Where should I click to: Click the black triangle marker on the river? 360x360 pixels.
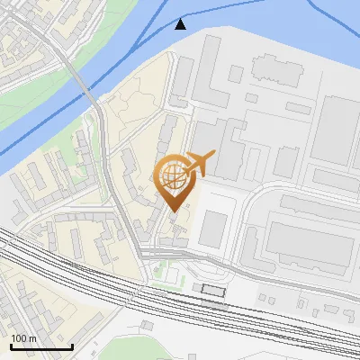pyautogui.click(x=181, y=23)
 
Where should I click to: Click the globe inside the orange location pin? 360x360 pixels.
pyautogui.click(x=172, y=175)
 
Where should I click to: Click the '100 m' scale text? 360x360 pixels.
pyautogui.click(x=23, y=338)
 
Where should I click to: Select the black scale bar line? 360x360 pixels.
pyautogui.click(x=40, y=346)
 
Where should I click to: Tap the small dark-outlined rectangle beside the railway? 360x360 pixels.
pyautogui.click(x=213, y=290)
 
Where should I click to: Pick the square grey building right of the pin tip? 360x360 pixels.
pyautogui.click(x=211, y=229)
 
